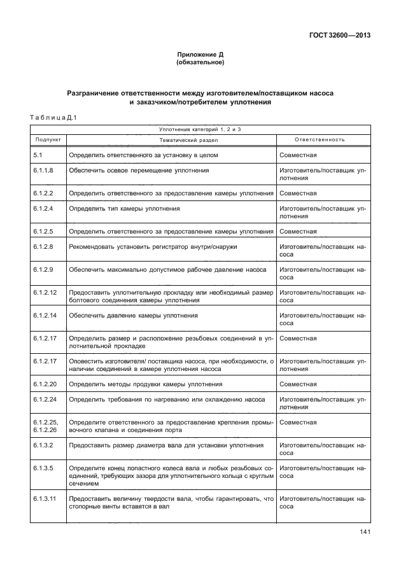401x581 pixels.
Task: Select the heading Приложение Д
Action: (200, 55)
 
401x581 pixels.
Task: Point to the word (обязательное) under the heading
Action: (200, 63)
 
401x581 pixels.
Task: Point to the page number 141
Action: (364, 532)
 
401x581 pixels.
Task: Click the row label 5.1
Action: (38, 155)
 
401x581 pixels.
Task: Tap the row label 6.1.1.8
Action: (42, 171)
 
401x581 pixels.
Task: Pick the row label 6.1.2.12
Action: (44, 291)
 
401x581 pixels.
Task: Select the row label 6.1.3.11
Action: (44, 499)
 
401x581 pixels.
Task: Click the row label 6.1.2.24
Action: (44, 400)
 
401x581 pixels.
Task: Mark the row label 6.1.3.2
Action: (42, 445)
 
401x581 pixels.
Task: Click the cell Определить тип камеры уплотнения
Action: (124, 208)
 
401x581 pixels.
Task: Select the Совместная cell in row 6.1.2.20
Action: (298, 384)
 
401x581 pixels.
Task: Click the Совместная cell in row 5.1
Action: (298, 155)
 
